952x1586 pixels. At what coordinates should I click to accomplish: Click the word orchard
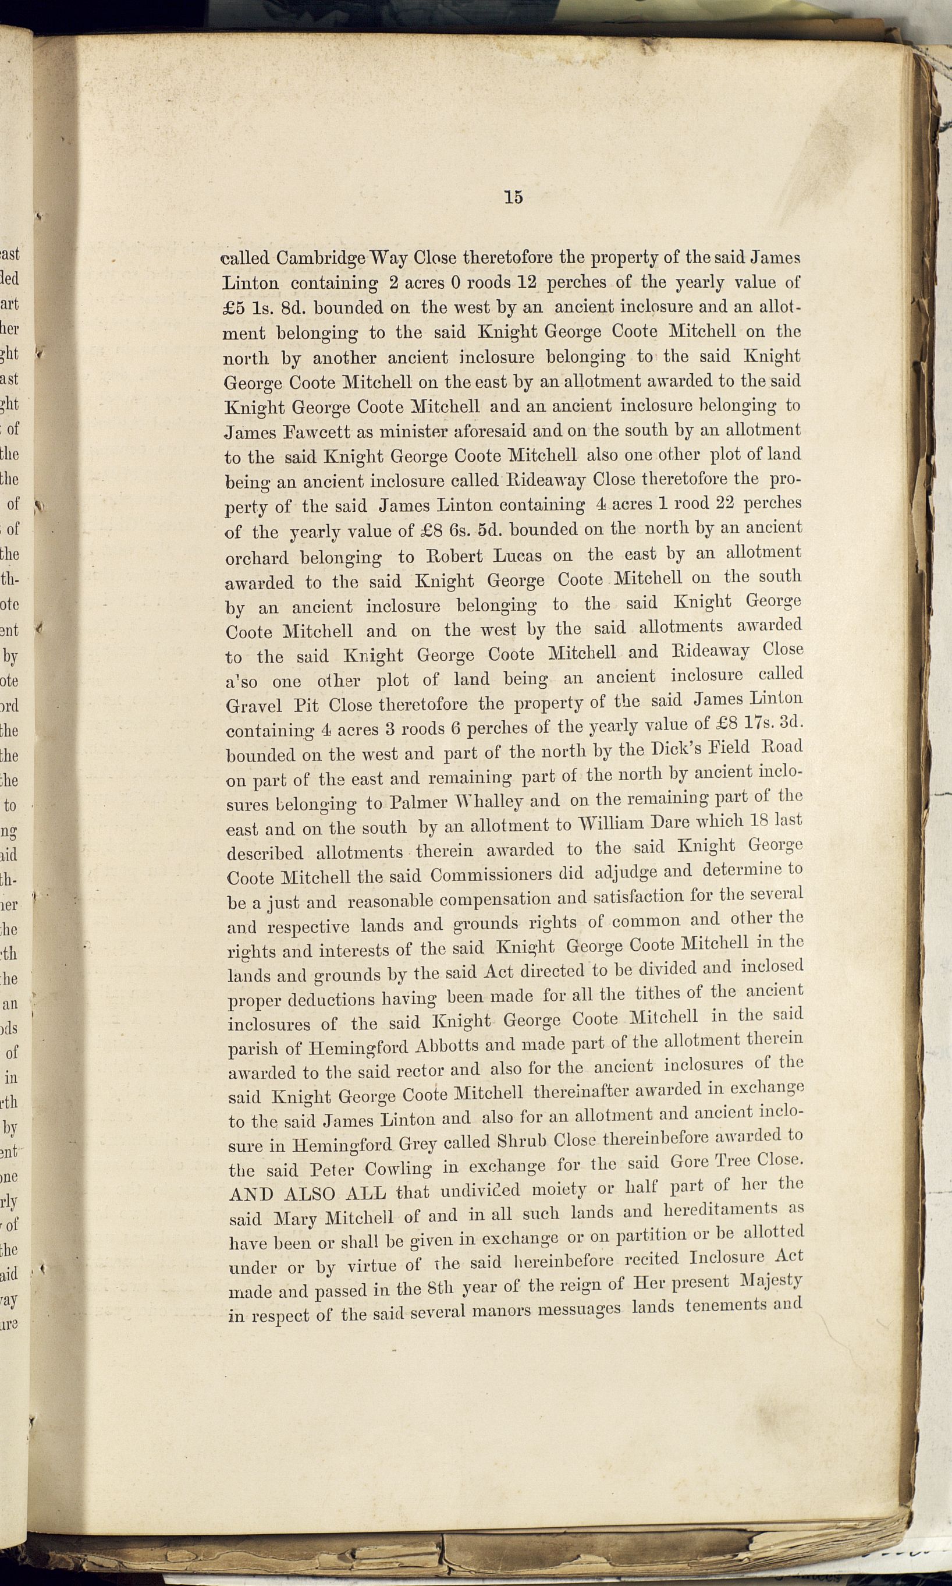(x=257, y=558)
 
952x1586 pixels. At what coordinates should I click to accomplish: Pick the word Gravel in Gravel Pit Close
(x=254, y=706)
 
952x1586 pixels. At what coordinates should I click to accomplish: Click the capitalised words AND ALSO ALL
(x=308, y=1194)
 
